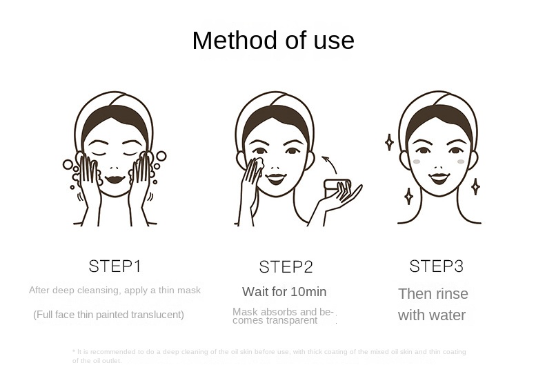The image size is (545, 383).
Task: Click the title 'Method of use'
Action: point(272,41)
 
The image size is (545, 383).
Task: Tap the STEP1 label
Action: point(115,266)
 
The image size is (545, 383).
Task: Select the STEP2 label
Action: point(286,267)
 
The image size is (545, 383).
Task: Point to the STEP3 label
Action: point(436,266)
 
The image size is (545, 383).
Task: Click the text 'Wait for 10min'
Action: point(284,292)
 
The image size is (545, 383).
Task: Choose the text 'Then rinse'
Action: point(433,294)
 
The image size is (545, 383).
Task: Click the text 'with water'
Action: point(431,316)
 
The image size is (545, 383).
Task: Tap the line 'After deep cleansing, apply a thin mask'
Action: point(115,291)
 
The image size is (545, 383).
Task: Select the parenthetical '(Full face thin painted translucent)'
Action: point(109,315)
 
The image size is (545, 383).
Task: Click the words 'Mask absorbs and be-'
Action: point(283,312)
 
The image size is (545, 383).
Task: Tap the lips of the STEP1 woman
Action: point(115,179)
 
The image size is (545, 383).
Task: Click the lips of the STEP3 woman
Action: point(439,177)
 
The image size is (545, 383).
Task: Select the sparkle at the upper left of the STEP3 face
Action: point(389,142)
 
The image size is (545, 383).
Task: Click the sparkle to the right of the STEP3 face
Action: point(475,186)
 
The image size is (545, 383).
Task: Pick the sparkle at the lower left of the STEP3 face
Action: point(408,196)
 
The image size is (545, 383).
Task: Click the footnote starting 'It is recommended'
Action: point(269,356)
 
